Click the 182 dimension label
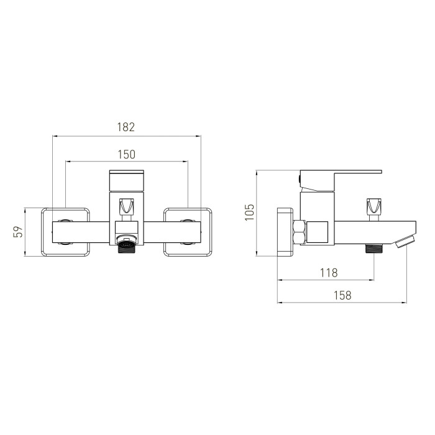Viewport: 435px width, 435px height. click(126, 127)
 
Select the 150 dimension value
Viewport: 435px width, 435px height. click(127, 154)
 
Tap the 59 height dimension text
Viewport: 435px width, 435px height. click(18, 232)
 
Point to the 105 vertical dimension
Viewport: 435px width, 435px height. click(249, 213)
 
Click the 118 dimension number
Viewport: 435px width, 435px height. click(329, 273)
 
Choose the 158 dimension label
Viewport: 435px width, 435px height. click(342, 295)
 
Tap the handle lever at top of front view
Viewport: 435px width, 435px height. click(127, 181)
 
